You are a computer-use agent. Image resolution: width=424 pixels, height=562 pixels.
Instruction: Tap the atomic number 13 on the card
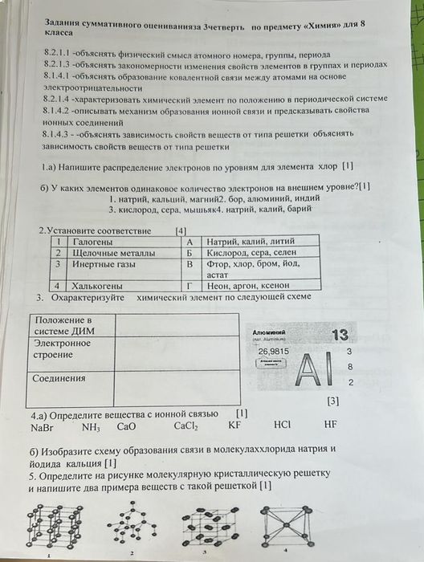(x=340, y=335)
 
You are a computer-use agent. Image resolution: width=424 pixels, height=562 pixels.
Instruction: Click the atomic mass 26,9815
(x=274, y=352)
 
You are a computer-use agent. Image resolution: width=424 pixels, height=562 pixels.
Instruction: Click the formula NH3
(x=90, y=426)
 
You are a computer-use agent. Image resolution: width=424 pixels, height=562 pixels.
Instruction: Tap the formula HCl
(x=283, y=426)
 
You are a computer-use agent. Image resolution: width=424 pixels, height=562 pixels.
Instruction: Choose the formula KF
(x=234, y=426)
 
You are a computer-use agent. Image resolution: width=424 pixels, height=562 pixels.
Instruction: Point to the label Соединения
(x=60, y=377)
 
